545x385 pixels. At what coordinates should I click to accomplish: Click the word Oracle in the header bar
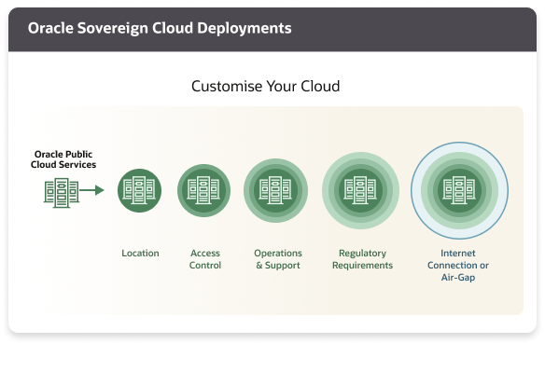coord(51,28)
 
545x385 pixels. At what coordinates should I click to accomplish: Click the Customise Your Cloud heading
coord(265,87)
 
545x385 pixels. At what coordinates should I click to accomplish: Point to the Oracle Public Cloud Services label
coord(65,159)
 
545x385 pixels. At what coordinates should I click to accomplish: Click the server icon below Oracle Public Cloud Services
coord(61,190)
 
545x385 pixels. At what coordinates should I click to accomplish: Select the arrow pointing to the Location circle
coord(92,190)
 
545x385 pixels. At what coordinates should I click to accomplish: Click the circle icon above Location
coord(140,190)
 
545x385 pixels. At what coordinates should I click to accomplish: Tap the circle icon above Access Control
coord(204,190)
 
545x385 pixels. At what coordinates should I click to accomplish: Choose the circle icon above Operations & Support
coord(275,190)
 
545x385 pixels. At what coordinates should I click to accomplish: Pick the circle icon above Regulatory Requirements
coord(360,190)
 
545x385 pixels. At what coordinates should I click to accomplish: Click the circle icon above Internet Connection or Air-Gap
coord(459,190)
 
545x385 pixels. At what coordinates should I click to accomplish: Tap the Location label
coord(140,253)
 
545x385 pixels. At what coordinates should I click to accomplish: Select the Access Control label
coord(205,259)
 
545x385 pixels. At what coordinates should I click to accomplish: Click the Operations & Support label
coord(277,259)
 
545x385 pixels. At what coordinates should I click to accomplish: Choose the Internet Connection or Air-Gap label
coord(464,265)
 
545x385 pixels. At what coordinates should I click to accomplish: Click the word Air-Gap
coord(464,277)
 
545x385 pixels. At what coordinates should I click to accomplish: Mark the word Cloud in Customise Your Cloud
coord(319,87)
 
